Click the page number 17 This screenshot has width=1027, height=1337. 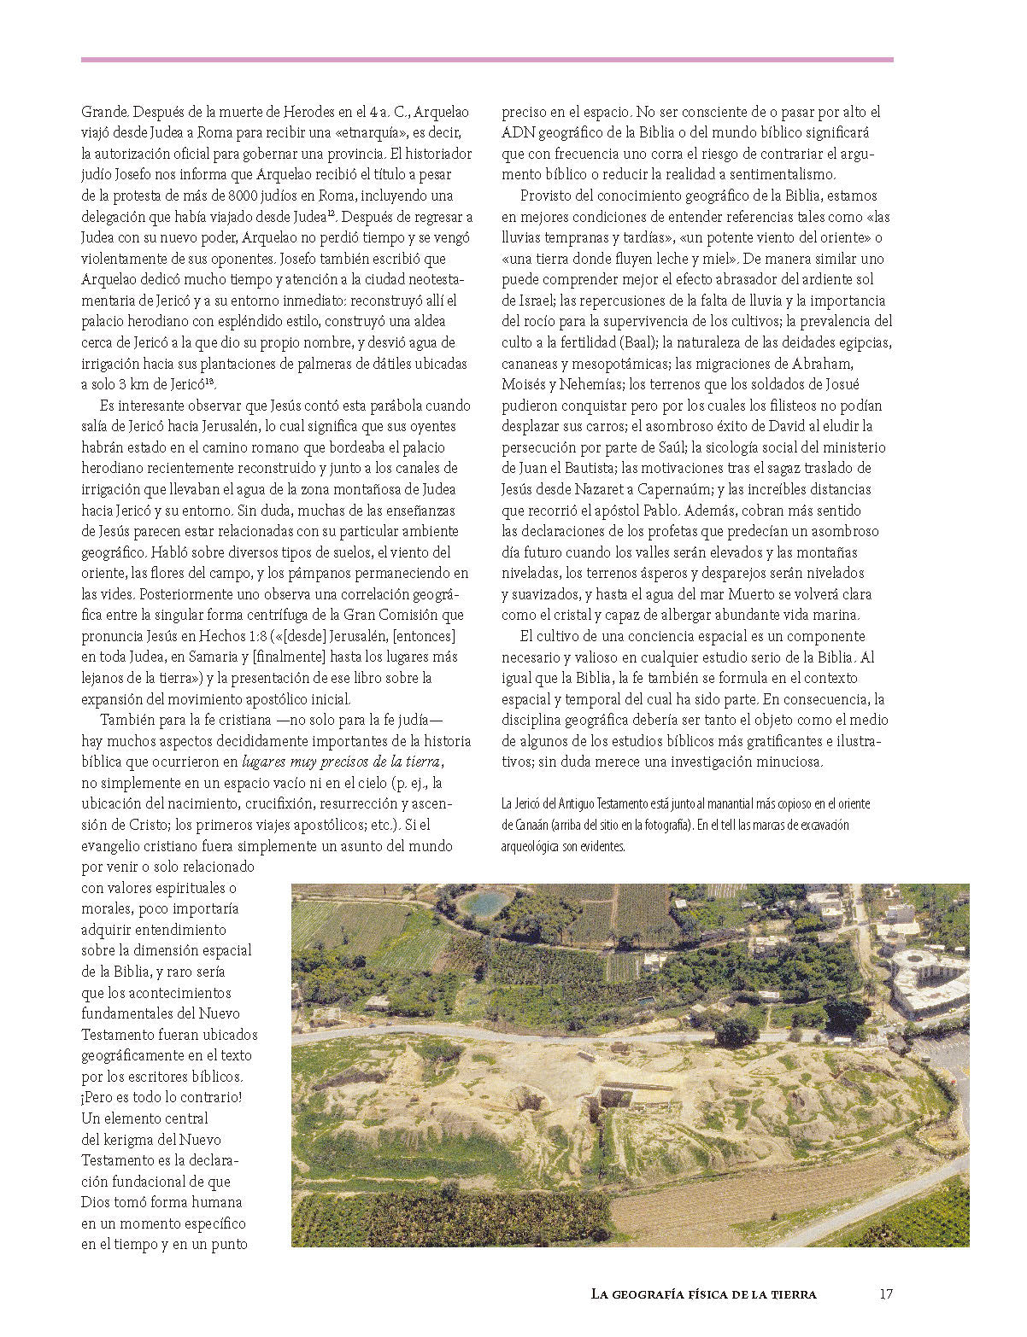pyautogui.click(x=885, y=1293)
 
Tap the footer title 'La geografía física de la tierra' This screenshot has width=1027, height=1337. pyautogui.click(x=703, y=1293)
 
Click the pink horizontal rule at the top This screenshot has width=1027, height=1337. pyautogui.click(x=487, y=60)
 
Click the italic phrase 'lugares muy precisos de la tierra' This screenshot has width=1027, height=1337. pyautogui.click(x=341, y=762)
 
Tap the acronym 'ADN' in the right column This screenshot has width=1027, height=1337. pyautogui.click(x=518, y=133)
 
